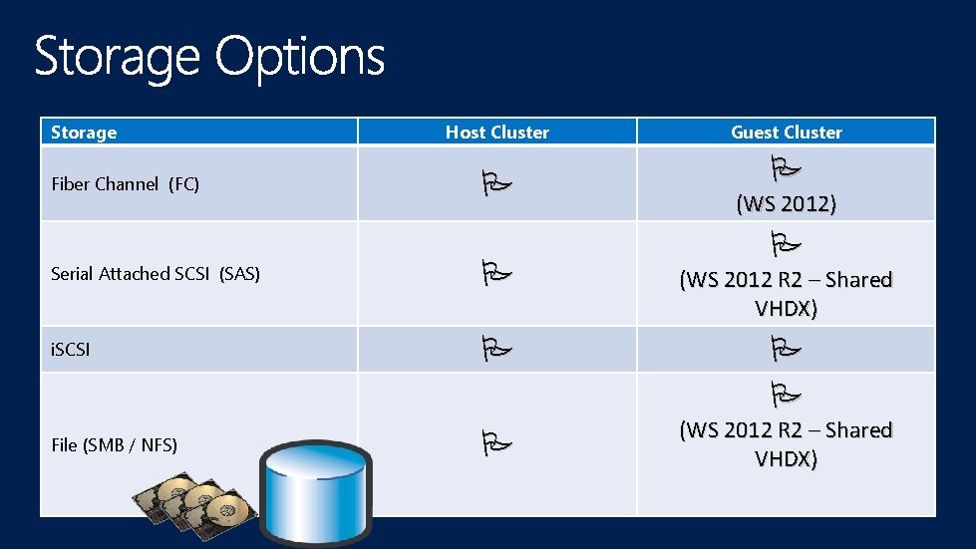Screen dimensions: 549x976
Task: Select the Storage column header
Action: click(x=84, y=133)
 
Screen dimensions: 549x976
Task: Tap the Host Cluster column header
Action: click(x=496, y=133)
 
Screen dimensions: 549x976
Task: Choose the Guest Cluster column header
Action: click(x=786, y=133)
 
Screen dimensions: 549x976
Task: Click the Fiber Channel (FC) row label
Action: click(x=125, y=184)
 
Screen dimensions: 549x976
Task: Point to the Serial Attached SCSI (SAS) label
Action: click(x=155, y=274)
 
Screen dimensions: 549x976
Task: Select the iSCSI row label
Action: click(x=70, y=351)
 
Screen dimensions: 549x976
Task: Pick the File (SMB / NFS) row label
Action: click(x=114, y=445)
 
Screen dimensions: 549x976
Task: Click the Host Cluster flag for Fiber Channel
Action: click(x=495, y=183)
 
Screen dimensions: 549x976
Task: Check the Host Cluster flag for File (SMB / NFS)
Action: click(x=495, y=439)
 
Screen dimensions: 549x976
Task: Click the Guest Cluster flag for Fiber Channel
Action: click(x=786, y=165)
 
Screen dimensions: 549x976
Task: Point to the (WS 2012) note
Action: click(x=786, y=204)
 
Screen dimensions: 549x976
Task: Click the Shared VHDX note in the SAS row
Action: click(x=786, y=294)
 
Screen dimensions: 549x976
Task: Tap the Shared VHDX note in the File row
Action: click(x=786, y=444)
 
